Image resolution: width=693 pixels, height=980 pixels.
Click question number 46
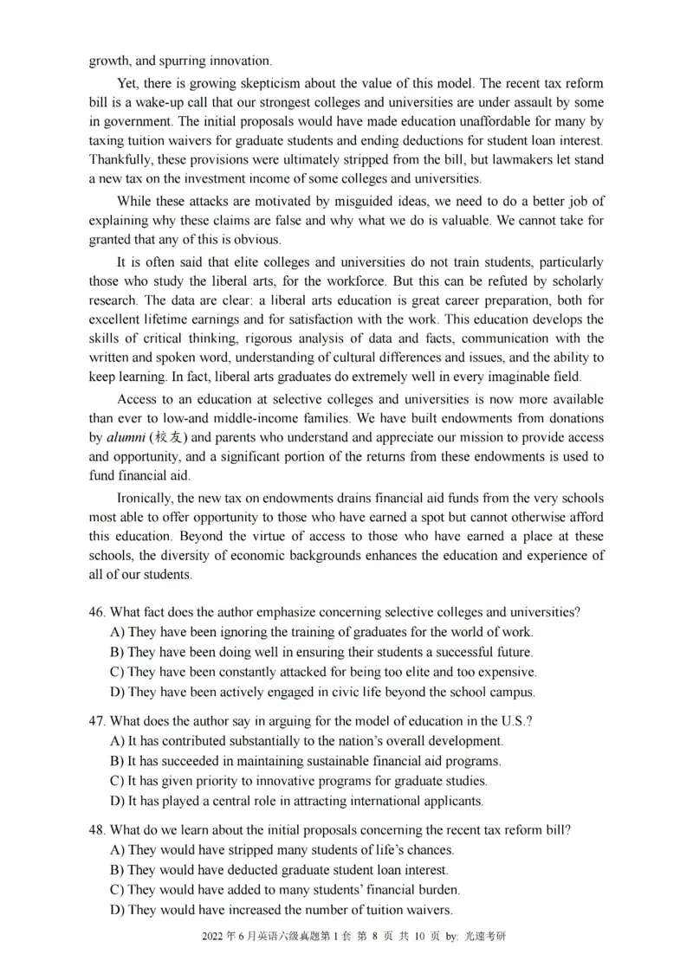tap(97, 611)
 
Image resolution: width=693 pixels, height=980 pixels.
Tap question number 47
tap(97, 720)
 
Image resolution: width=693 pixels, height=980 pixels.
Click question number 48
tap(97, 829)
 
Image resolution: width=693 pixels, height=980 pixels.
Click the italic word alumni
tap(126, 437)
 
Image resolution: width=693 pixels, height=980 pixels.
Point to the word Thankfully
tap(120, 159)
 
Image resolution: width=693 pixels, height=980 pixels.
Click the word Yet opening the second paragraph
tap(127, 83)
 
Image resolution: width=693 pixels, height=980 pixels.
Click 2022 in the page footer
tap(211, 937)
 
